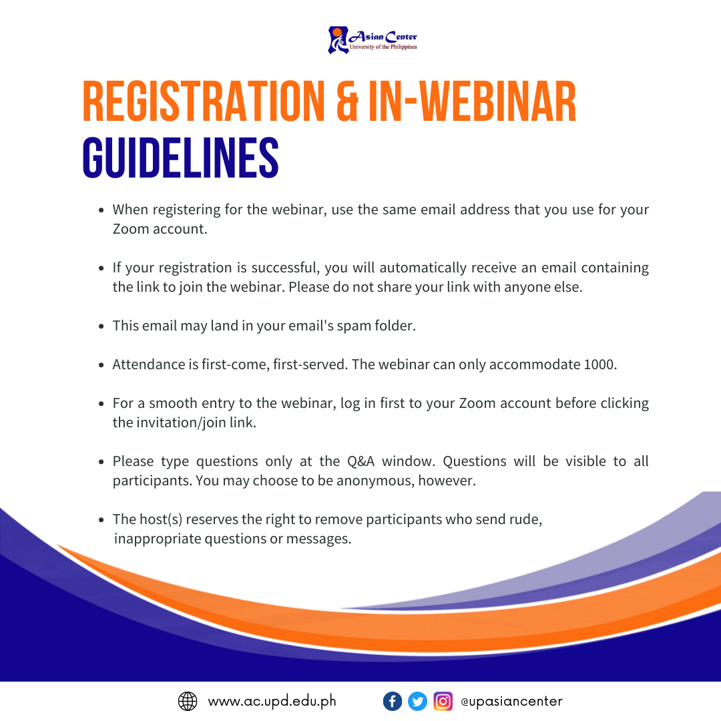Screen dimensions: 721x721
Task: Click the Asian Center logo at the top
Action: tap(373, 40)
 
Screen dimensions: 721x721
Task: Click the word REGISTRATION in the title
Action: tap(204, 101)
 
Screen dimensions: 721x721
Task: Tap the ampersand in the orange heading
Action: tap(347, 101)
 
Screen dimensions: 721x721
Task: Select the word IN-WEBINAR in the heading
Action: tap(472, 101)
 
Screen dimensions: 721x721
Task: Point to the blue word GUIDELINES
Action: tap(181, 158)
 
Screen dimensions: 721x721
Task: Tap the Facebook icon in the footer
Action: tap(393, 701)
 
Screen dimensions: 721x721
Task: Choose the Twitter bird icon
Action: tap(417, 701)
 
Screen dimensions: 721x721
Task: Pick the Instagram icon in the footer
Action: tap(443, 701)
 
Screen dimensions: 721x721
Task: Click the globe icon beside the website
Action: tap(188, 701)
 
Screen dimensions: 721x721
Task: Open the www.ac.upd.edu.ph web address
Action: tap(272, 701)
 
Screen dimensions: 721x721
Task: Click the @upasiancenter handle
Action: tap(512, 701)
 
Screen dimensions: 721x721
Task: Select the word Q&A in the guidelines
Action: tap(361, 461)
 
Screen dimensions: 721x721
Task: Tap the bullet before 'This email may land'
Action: tap(101, 326)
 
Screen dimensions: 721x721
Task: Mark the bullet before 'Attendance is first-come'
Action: tap(101, 365)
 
